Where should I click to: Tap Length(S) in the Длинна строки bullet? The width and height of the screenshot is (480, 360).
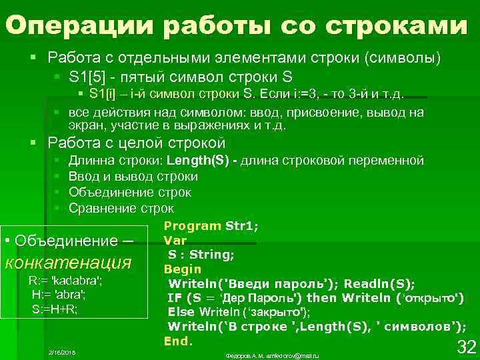199,161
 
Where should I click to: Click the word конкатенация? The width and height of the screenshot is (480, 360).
67,261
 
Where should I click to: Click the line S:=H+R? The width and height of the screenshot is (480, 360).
55,309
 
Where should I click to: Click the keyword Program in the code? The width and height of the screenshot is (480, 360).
192,226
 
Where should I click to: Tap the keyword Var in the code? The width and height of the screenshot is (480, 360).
175,240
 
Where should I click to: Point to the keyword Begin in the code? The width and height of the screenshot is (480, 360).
182,269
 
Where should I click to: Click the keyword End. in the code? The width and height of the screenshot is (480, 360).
178,341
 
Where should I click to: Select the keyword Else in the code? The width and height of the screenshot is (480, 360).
181,311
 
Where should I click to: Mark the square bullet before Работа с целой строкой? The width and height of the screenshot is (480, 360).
34,142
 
